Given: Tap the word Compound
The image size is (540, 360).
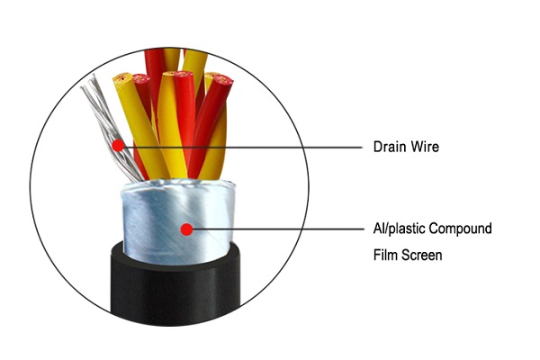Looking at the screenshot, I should pos(463,229).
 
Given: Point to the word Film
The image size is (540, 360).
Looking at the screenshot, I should pos(385,256).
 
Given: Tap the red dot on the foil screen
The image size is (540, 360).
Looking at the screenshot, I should pos(186,229).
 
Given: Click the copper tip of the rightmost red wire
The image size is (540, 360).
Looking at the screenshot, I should pos(221,83).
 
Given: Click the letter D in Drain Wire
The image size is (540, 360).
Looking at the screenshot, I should pos(378,147).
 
